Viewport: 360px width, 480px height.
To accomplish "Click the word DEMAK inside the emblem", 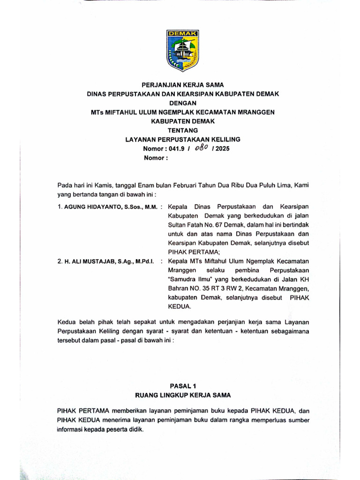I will [x=183, y=34].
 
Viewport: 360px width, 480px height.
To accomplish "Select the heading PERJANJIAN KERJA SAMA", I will [x=183, y=85].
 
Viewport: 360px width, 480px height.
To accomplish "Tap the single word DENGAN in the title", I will [x=183, y=103].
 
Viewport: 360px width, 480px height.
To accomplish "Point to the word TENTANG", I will [x=183, y=130].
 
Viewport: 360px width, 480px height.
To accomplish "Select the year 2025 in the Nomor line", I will [x=223, y=149].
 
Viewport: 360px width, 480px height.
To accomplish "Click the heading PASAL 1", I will [x=182, y=386].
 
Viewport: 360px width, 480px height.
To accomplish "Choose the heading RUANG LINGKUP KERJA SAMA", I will [x=183, y=395].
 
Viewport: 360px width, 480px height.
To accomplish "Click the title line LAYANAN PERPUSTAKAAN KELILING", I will [x=183, y=139].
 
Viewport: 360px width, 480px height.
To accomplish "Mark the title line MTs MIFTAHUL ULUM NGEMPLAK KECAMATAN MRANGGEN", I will [x=183, y=112].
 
